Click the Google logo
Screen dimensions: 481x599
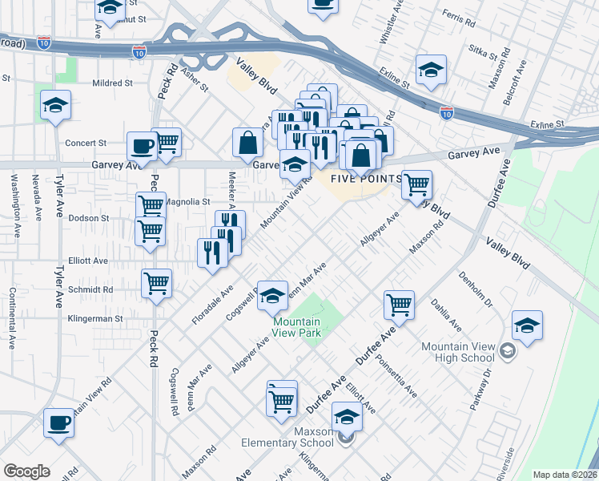coord(26,471)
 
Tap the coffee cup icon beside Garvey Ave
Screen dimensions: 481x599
coord(143,148)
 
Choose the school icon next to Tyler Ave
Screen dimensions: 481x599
coord(56,106)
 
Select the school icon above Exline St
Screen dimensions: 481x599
coord(431,70)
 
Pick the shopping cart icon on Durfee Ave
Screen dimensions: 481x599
coord(399,305)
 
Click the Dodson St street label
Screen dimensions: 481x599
coord(88,218)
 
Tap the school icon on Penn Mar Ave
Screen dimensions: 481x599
coord(273,295)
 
